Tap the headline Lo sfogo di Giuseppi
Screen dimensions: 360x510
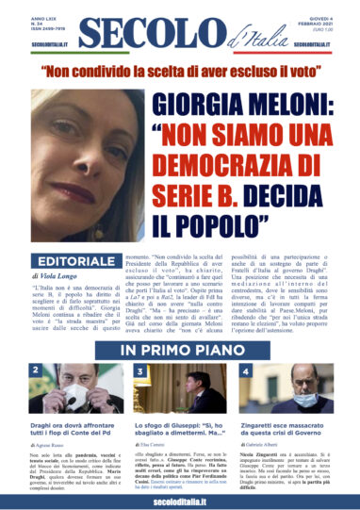[x=177, y=429]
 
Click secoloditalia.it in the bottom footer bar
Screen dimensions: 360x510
[x=179, y=499]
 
